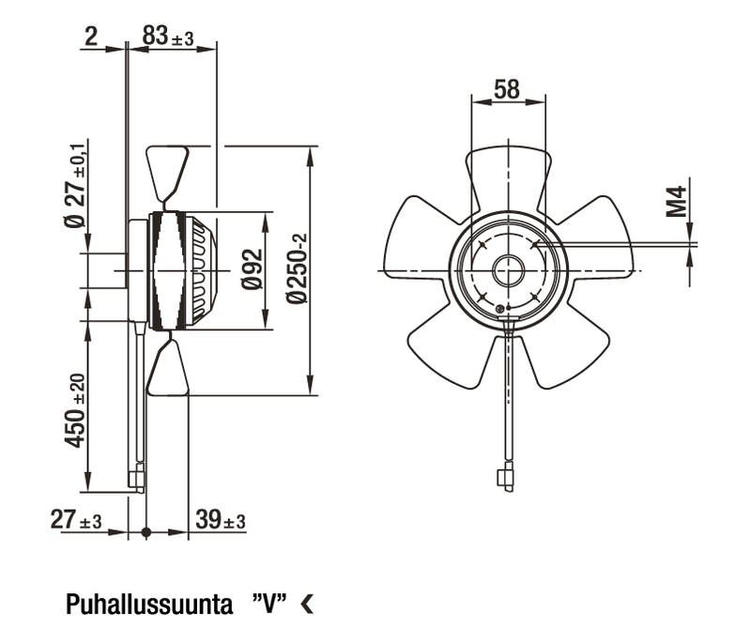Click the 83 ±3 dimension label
click(x=168, y=36)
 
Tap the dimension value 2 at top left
click(x=91, y=36)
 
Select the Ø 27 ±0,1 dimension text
click(x=76, y=185)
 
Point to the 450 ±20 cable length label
click(x=75, y=411)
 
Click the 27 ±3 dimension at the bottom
click(x=76, y=520)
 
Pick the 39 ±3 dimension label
click(x=221, y=519)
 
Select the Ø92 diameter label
click(x=253, y=269)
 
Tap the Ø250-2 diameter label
click(x=297, y=268)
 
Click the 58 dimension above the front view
click(x=507, y=89)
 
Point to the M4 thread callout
click(x=677, y=202)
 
